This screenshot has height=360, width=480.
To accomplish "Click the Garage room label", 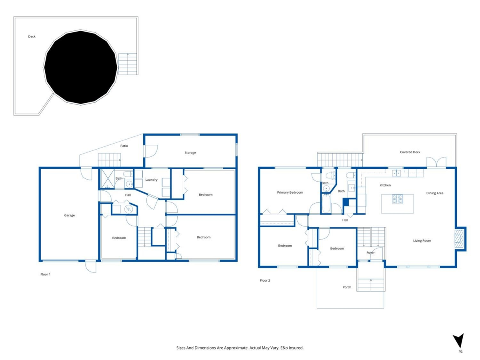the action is pos(69,215).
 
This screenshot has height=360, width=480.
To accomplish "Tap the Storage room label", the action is pos(190,152).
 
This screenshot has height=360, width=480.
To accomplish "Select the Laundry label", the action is pos(151,180).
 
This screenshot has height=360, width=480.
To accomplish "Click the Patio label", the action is pos(124,146).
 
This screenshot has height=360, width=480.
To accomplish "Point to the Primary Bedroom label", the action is pos(290,192).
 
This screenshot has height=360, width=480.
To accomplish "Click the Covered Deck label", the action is pos(410,152).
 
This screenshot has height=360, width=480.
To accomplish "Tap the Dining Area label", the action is pos(434,193).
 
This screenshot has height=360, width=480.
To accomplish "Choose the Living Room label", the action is pos(422,241).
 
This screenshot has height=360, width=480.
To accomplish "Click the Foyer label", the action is pos(370,252).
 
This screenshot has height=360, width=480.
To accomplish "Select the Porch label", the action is pos(347,287).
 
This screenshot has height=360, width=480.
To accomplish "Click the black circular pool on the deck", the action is pos(81,67).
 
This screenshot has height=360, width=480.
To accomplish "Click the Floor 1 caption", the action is pos(45,274).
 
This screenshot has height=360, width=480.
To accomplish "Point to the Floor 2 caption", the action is pos(265,280).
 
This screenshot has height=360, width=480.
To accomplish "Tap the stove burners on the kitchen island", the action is pos(397,199).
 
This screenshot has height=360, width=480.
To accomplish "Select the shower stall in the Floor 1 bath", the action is pos(107,179).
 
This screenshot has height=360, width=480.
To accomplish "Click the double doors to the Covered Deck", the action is pos(436,162).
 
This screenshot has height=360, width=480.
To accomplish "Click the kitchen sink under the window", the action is pos(396,173).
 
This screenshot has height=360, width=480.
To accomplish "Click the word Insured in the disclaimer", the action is pos(296,348).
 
